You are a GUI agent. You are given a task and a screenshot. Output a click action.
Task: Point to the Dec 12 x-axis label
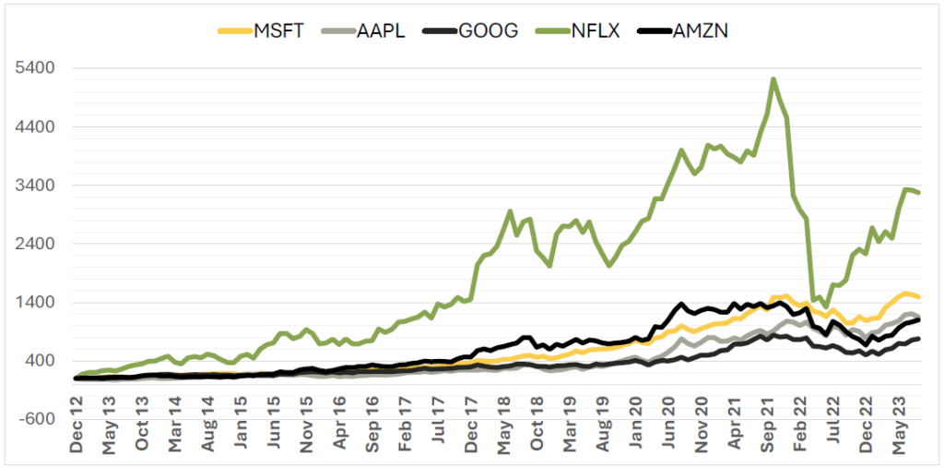pos(77,429)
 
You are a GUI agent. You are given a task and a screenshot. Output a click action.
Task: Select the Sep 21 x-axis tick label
pos(769,429)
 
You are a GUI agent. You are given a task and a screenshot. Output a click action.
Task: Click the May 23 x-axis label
pos(902,429)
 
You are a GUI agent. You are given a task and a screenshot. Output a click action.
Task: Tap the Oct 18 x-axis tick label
pos(538,429)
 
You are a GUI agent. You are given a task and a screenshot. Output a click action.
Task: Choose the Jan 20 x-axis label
pos(637,429)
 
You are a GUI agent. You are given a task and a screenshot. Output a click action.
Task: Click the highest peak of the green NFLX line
pos(773,79)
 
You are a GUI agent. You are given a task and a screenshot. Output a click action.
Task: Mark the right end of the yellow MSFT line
pos(919,296)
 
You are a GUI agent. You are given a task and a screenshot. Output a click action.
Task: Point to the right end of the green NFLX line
pos(919,192)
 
